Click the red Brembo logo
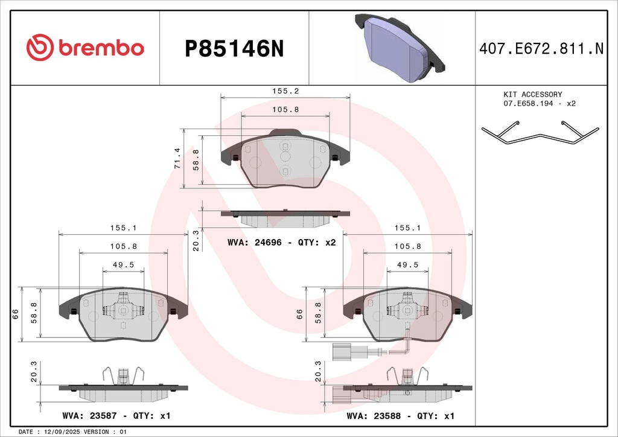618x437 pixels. pos(85,48)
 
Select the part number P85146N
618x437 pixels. pos(234,49)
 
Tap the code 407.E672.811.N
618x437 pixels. pos(541,48)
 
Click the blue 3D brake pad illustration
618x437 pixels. pos(400,48)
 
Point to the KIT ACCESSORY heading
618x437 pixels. pos(532,95)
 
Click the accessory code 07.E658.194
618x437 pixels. pos(528,104)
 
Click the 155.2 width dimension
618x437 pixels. pos(285,91)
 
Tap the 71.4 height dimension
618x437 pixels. pos(177,158)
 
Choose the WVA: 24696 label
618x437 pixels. pos(255,242)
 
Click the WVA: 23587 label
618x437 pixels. pos(89,416)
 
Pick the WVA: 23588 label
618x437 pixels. pos(374,416)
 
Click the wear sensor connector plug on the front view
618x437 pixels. pos(342,352)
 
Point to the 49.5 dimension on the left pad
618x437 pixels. pos(123,265)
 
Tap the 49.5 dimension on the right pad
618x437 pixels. pos(407,265)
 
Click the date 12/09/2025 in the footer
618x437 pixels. pos(63,432)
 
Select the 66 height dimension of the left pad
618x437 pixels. pos(15,314)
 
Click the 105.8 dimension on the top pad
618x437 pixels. pos(285,109)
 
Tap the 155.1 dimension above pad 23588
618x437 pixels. pos(407,228)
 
